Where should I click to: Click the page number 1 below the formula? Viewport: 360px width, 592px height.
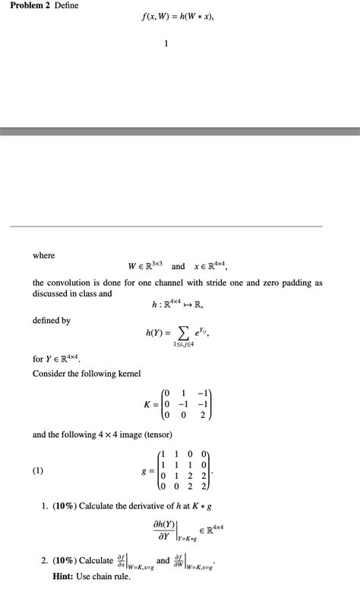click(166, 43)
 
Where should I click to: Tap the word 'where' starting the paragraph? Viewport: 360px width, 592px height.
click(43, 255)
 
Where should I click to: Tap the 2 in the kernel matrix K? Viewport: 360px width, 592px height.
click(203, 416)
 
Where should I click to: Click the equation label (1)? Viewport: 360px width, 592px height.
click(38, 471)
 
